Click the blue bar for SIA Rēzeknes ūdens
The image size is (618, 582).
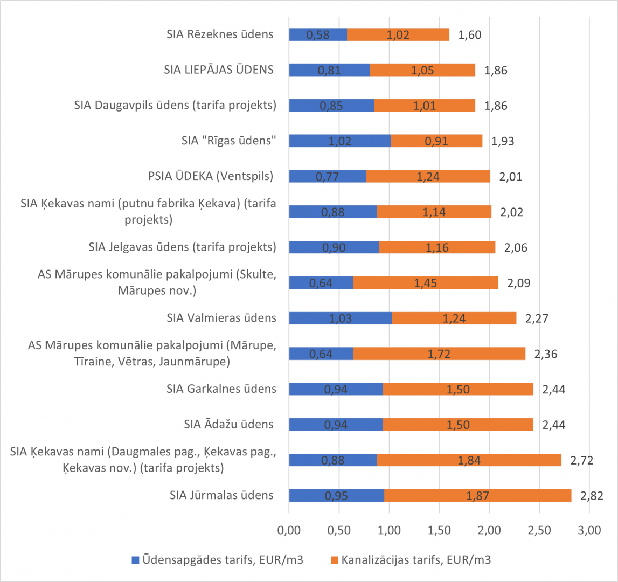coord(318,34)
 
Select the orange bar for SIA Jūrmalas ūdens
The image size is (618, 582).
coord(477,495)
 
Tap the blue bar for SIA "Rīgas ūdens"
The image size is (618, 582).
coord(340,141)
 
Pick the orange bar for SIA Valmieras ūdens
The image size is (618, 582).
coord(454,318)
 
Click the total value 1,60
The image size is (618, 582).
coord(469,35)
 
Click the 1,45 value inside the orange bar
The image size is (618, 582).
coord(426,283)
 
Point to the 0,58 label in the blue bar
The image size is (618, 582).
coord(318,35)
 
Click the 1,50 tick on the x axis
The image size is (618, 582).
coord(439,530)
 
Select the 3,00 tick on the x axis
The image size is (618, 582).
coord(589,530)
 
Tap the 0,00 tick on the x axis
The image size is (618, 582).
coord(289,530)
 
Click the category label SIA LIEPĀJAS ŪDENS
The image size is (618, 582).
coord(219,70)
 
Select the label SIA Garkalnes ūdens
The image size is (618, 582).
coord(221,389)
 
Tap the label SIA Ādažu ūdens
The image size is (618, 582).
coord(228,424)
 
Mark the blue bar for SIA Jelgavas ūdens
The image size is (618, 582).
coord(334,247)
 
